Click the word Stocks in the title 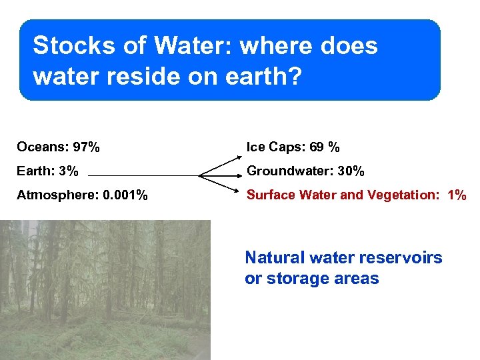pos(67,47)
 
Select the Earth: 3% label pos(47,171)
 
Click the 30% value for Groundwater pos(351,171)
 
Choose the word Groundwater pos(290,171)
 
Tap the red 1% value pos(457,195)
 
